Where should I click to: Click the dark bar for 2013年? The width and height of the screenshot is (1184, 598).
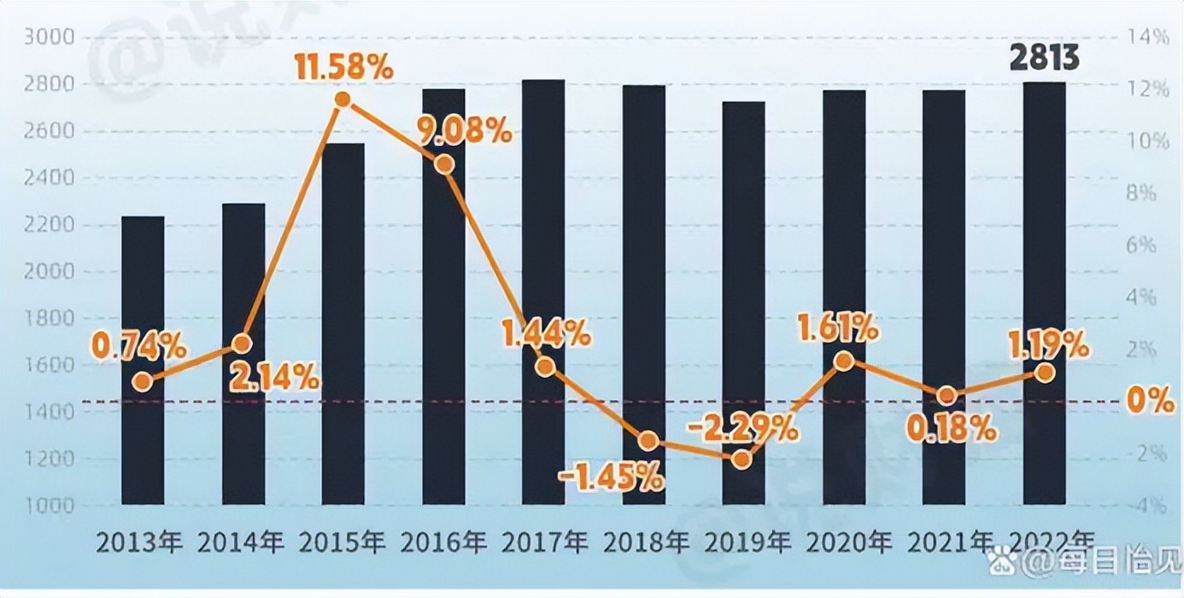143,359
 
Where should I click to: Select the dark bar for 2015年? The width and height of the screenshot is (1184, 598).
343,325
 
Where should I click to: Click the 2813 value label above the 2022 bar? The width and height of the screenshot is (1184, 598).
1044,59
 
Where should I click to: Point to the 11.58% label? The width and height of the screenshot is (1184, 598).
343,67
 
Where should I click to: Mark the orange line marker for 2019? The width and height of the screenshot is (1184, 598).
742,459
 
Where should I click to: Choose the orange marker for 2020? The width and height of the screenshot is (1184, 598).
844,361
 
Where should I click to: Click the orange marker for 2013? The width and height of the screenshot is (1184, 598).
143,382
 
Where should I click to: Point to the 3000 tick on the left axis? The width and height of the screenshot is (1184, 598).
50,38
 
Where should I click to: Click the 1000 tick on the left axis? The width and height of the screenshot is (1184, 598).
50,506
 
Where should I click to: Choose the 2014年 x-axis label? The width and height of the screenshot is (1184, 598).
243,543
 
